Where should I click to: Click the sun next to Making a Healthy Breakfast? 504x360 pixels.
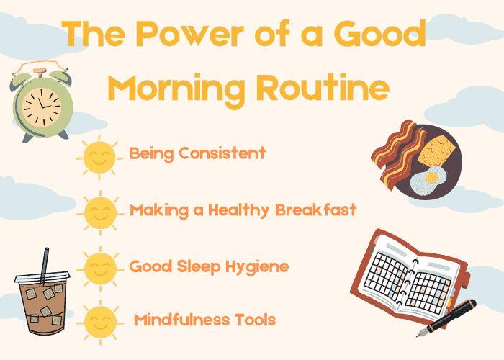99,212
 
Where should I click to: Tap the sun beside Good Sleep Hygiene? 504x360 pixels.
99,268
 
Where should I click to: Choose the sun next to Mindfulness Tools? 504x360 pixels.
99,322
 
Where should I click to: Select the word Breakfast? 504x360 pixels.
315,210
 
